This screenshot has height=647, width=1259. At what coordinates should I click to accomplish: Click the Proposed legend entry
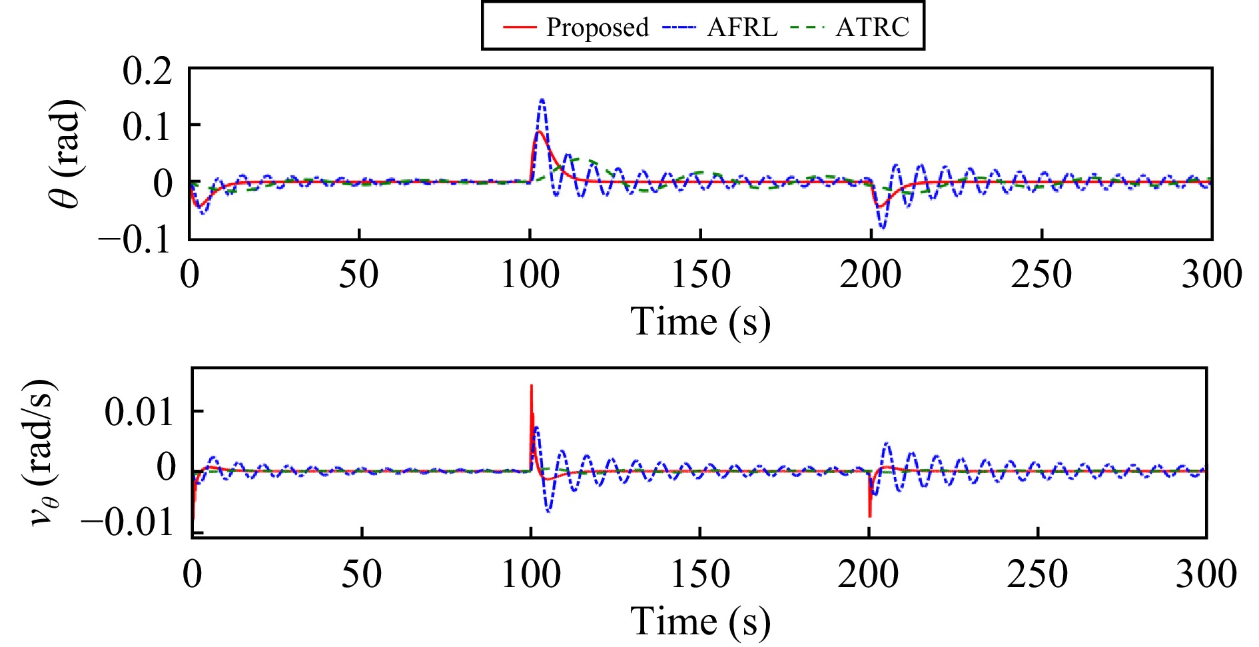click(x=576, y=27)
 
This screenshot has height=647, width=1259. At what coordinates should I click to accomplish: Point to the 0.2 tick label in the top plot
click(x=147, y=70)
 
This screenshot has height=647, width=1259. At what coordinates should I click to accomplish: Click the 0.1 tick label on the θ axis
click(x=147, y=127)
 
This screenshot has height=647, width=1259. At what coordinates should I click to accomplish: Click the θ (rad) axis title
click(x=67, y=155)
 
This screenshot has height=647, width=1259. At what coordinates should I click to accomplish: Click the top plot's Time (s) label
click(x=700, y=323)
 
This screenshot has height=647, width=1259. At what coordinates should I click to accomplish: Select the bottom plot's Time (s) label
click(x=700, y=621)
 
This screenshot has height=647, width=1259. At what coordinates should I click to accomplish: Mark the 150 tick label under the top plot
click(x=701, y=275)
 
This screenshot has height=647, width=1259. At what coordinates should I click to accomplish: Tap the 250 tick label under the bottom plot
click(x=1037, y=574)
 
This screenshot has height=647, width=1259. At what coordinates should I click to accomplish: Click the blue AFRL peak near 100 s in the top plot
click(x=542, y=101)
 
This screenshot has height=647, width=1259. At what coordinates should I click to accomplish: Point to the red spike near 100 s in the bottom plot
click(x=531, y=386)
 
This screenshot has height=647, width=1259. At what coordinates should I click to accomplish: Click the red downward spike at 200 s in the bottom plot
click(x=869, y=515)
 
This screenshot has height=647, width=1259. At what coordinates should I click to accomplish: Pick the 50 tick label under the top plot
click(x=358, y=275)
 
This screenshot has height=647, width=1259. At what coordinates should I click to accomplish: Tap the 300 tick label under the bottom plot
click(x=1206, y=574)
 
